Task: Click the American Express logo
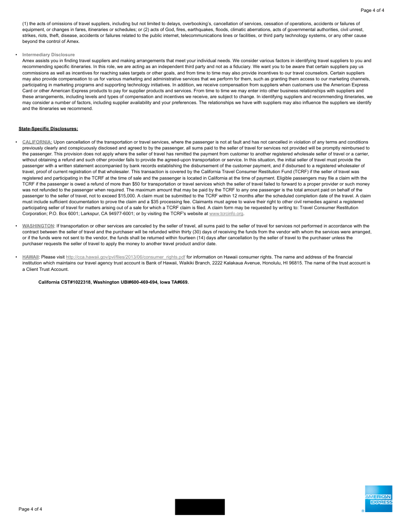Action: tap(378, 499)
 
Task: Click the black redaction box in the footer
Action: tap(200, 507)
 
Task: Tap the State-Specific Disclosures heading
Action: tap(48, 129)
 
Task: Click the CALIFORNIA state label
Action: tap(37, 142)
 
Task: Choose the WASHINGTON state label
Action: tap(38, 225)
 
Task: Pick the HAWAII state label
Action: tap(31, 257)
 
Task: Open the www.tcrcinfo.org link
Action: tap(227, 214)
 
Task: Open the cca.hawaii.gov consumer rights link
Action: tap(125, 257)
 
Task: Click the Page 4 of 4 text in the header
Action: tap(372, 10)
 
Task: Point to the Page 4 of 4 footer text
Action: tap(31, 509)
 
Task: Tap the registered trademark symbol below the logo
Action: tap(363, 511)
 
